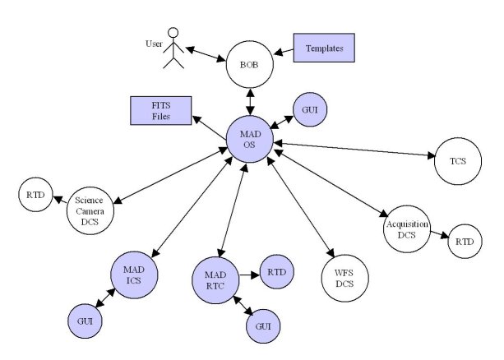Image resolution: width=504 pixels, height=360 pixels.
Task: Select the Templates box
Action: click(324, 48)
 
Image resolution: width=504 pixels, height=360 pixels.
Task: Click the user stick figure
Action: click(173, 51)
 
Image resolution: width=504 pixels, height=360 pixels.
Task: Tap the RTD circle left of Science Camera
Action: click(35, 196)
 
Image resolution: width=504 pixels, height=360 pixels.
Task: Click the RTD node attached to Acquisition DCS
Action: click(465, 242)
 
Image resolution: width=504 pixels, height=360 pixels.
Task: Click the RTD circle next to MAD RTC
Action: click(277, 270)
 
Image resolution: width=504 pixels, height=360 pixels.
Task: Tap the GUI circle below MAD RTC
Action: click(264, 325)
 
